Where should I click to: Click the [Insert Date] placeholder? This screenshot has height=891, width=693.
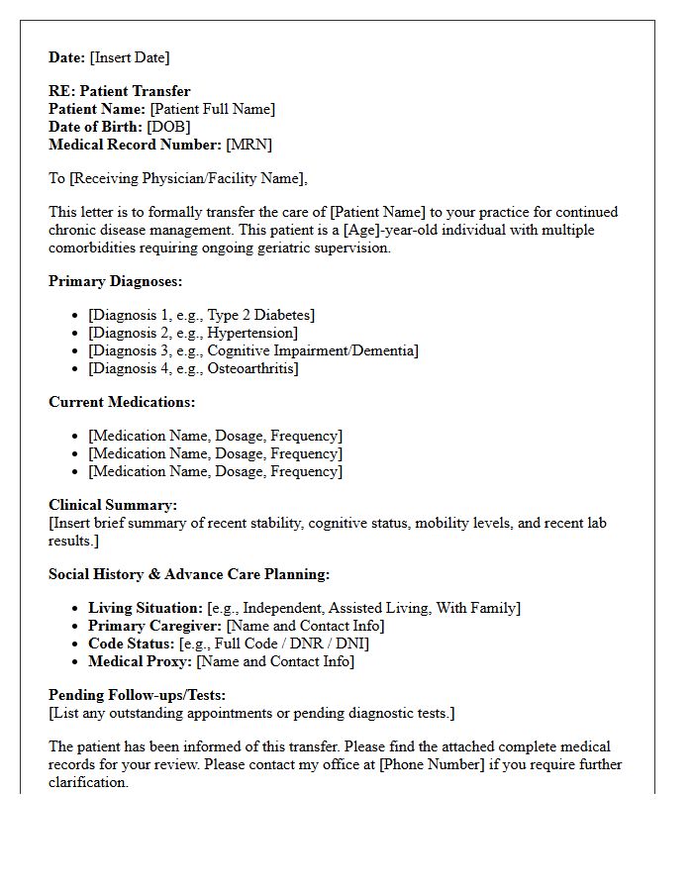click(x=130, y=57)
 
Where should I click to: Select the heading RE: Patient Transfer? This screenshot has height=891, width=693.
click(x=119, y=91)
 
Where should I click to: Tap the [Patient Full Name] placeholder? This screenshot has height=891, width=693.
click(x=212, y=109)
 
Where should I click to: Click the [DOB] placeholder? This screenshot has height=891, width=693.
click(x=168, y=127)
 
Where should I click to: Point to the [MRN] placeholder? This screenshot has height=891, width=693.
click(x=248, y=145)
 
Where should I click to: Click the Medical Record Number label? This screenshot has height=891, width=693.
click(x=135, y=145)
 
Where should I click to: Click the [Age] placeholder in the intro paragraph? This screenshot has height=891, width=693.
click(x=398, y=230)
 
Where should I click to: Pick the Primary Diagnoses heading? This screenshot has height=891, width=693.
click(x=115, y=281)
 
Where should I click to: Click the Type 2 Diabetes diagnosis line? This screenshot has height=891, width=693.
click(x=201, y=315)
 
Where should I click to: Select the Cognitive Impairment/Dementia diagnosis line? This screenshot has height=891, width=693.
click(x=252, y=350)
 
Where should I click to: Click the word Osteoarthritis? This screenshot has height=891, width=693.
click(x=251, y=368)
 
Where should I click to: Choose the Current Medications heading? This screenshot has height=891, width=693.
click(x=122, y=402)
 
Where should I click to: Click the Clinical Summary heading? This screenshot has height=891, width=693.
click(x=113, y=505)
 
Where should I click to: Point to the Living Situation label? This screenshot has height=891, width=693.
click(x=145, y=608)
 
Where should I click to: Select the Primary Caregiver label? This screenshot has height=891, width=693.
click(x=154, y=626)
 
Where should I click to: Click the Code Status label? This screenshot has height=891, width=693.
click(x=131, y=643)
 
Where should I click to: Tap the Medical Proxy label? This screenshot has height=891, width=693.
click(x=140, y=661)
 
